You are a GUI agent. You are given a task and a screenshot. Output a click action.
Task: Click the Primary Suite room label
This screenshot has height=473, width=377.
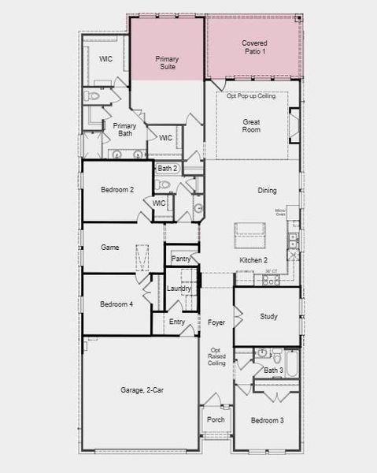coord(167,63)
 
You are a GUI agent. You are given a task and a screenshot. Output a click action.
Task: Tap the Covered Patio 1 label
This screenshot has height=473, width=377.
coord(253,47)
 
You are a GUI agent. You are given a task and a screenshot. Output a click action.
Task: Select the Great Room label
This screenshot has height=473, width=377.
coord(251,125)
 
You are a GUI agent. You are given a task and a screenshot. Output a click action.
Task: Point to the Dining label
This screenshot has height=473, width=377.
coord(267,191)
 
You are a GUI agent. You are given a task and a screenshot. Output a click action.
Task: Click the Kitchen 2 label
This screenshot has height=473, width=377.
coord(253,260)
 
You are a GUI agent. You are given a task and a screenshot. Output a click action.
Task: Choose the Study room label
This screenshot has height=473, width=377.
coord(268,317)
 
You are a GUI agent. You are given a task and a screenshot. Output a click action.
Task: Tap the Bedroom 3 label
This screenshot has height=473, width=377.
coord(267,421)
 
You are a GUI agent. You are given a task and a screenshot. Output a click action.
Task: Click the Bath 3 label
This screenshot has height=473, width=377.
coord(272,371)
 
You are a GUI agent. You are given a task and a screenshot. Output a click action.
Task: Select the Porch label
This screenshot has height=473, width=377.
coord(216,419)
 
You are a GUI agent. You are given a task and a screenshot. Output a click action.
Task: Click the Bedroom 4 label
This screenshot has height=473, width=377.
coord(116,304)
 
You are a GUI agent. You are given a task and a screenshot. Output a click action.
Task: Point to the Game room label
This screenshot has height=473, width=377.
coord(110,248)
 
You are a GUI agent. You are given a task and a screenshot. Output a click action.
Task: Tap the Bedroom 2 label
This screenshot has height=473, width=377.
coord(116,190)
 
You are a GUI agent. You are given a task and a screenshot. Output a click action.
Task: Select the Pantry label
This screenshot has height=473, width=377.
coord(181,259)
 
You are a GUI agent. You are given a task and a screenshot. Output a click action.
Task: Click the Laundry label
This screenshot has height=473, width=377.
coord(179,289)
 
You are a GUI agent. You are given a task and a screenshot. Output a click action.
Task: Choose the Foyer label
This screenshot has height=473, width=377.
coord(216,322)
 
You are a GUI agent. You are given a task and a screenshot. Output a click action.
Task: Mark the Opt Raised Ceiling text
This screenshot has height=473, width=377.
coord(217,357)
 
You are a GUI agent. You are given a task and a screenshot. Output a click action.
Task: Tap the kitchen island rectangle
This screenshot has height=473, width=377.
coord(249,230)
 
